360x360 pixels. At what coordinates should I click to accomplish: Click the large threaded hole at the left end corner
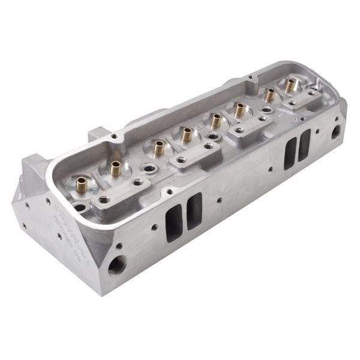click(x=118, y=263)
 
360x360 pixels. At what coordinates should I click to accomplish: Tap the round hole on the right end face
click(x=336, y=131)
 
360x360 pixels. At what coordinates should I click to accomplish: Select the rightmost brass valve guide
click(x=290, y=85)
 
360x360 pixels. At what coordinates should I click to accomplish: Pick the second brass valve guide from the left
click(x=115, y=168)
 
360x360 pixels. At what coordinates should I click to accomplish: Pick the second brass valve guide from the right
click(x=270, y=94)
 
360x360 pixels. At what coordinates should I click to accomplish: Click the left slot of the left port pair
click(x=173, y=222)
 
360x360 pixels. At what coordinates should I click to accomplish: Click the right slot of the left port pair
click(x=194, y=211)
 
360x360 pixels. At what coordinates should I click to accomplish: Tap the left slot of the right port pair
click(x=291, y=152)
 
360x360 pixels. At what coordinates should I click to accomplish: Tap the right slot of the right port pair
click(x=304, y=145)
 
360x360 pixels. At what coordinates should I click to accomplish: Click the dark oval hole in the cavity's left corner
click(x=79, y=208)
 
